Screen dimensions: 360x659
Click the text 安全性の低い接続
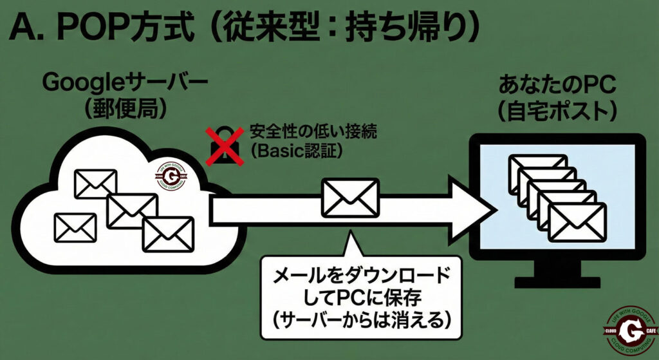[308, 133]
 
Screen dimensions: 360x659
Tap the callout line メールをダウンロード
[360, 276]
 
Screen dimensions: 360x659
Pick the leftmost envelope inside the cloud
[75, 227]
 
